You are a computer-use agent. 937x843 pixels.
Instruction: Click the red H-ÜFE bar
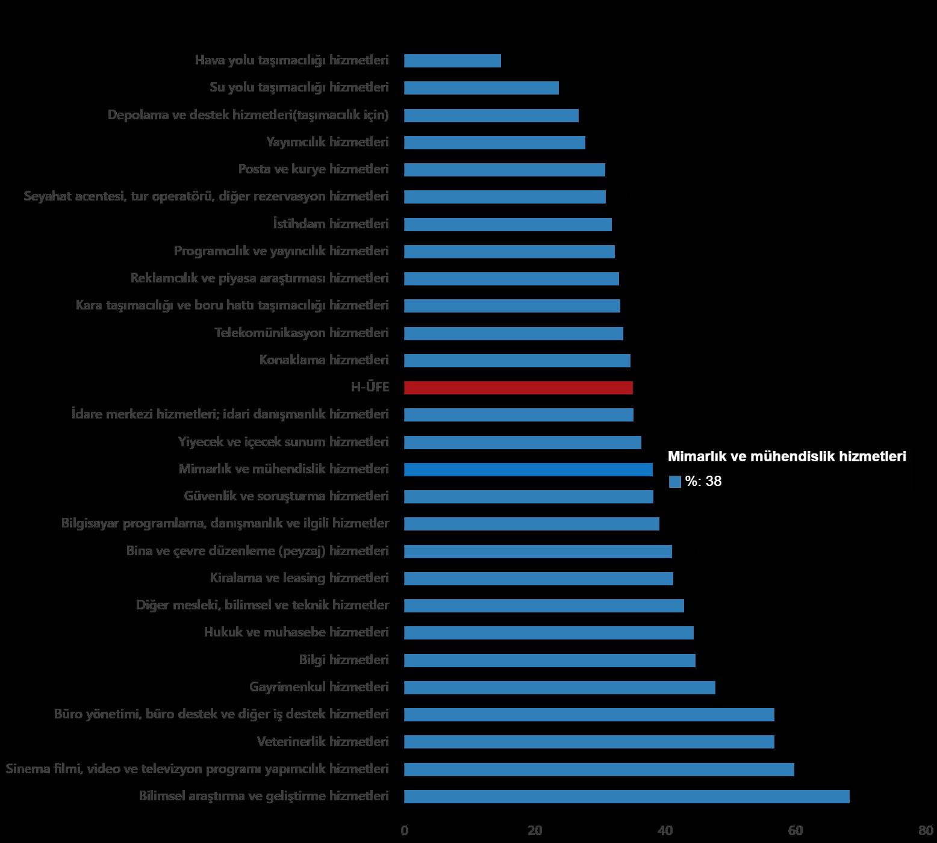click(x=518, y=388)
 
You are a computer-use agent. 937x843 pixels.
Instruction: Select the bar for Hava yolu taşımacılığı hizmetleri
click(x=452, y=61)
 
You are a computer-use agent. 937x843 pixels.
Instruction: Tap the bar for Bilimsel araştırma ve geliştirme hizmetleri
click(x=626, y=797)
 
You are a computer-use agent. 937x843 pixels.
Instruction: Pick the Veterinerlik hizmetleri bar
click(x=589, y=742)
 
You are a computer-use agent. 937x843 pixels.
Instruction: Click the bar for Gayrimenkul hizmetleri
click(x=559, y=688)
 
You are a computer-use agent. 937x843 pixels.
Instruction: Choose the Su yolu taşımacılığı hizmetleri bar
click(x=481, y=88)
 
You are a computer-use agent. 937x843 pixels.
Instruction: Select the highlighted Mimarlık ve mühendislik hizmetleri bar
click(x=528, y=470)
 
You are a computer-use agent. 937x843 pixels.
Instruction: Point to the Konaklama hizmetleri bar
click(x=517, y=361)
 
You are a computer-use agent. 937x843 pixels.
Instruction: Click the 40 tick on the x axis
click(x=665, y=831)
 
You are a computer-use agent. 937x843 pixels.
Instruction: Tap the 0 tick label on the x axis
click(x=404, y=831)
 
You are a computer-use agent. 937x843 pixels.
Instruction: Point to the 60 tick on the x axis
click(x=795, y=831)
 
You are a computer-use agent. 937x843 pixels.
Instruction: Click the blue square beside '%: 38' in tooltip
click(x=675, y=482)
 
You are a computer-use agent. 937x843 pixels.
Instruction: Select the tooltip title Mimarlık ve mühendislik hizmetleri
click(x=786, y=457)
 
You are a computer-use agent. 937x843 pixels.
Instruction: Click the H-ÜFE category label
click(x=370, y=387)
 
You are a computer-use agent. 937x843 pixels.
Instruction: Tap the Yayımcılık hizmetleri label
click(x=328, y=142)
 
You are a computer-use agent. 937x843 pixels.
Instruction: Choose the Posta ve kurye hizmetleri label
click(x=313, y=169)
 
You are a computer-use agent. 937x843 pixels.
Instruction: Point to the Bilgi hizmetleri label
click(x=344, y=660)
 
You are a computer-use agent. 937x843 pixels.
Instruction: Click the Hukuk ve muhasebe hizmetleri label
click(x=296, y=632)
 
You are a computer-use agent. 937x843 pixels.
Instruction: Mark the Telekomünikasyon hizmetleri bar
click(x=513, y=334)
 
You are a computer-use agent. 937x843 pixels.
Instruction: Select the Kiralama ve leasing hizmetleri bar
click(x=538, y=579)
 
